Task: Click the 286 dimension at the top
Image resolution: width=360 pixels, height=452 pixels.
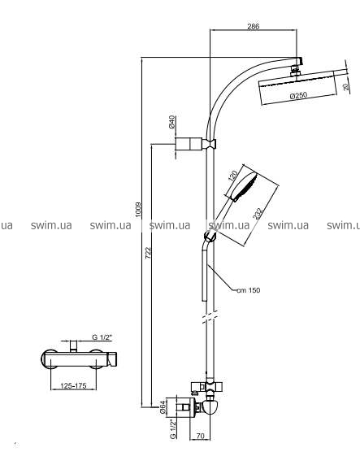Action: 254,26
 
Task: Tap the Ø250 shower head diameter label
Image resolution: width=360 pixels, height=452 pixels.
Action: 298,95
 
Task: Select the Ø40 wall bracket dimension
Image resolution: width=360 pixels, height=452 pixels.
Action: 171,122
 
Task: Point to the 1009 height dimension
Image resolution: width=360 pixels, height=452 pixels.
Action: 139,210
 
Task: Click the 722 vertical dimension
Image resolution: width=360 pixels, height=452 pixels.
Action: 148,253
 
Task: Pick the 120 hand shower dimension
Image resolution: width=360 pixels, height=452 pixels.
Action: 233,176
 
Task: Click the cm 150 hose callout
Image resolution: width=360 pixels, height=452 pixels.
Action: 248,290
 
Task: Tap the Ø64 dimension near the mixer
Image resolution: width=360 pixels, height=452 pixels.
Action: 163,407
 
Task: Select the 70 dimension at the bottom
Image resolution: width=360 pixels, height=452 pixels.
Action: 200,435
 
